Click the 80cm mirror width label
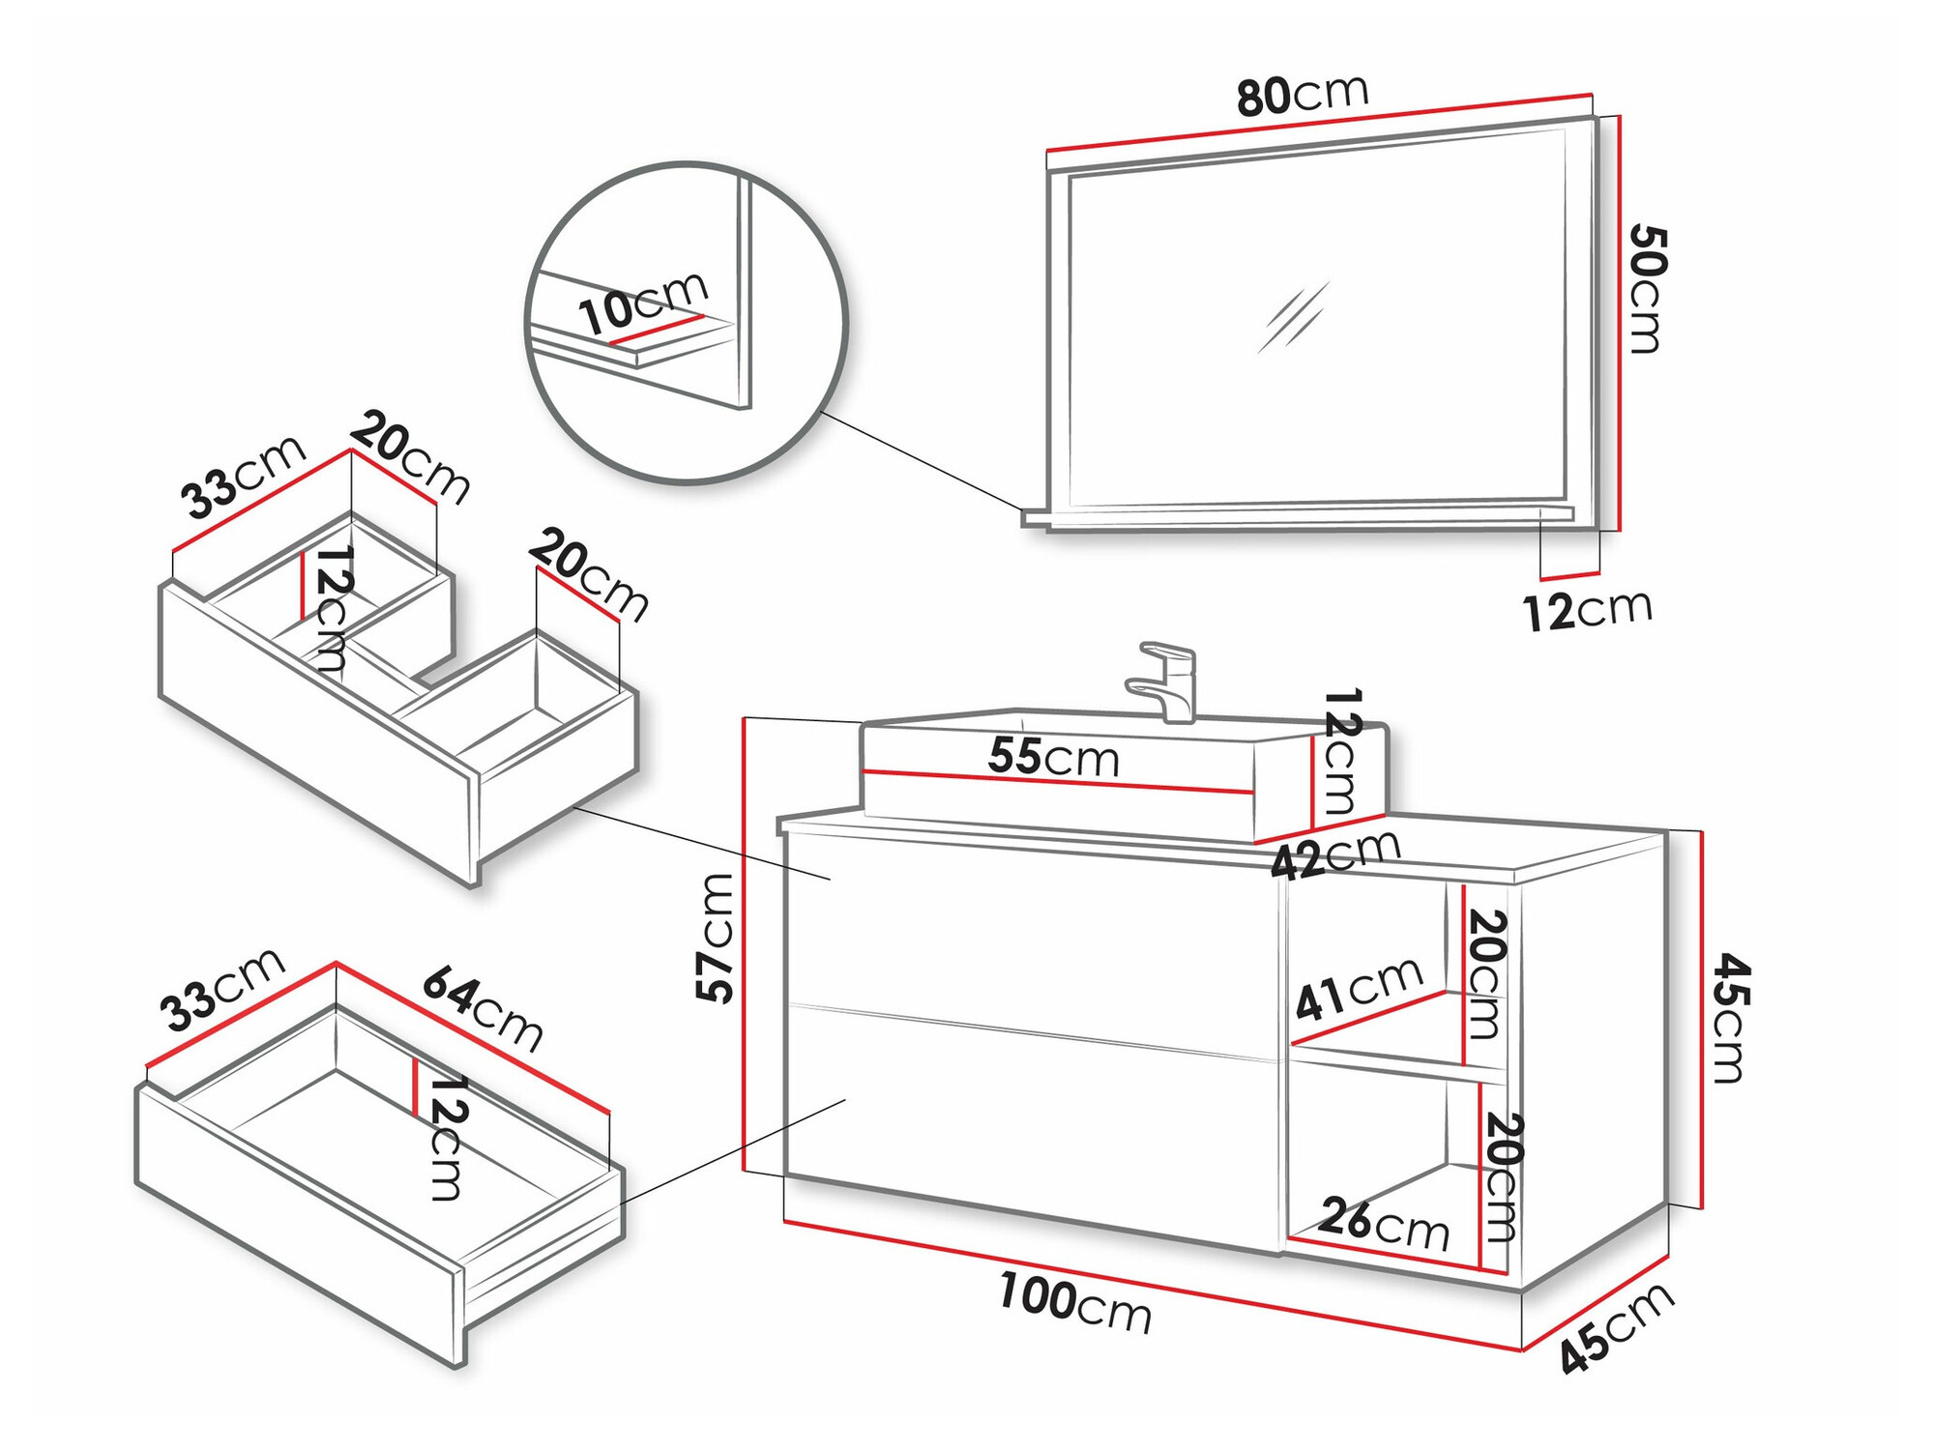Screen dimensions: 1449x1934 tap(1302, 95)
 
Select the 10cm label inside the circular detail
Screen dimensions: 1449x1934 tap(643, 303)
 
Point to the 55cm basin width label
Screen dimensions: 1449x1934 tap(1053, 757)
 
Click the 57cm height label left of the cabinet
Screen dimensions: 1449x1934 tap(717, 938)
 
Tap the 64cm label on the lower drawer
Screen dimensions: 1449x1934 tap(483, 1007)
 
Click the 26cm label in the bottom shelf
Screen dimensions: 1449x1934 tap(1384, 1223)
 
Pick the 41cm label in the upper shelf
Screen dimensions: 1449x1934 tap(1358, 989)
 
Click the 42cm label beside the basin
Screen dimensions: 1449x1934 tap(1335, 855)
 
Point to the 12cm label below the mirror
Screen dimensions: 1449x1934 tap(1587, 610)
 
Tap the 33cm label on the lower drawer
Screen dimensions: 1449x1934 tap(222, 990)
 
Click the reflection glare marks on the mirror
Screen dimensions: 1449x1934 tap(1294, 316)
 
